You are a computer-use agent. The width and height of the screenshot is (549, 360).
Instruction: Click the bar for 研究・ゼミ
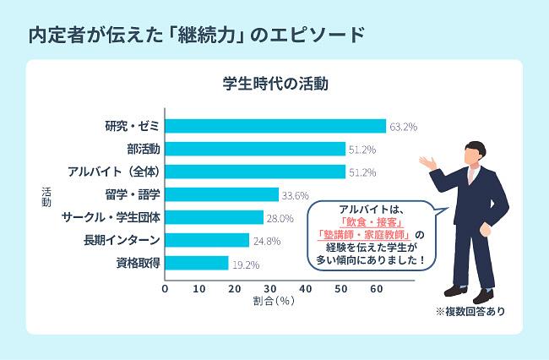[x=274, y=126]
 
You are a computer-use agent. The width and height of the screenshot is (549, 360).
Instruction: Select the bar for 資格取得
[x=196, y=263]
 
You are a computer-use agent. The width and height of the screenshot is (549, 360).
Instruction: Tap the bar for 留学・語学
[x=222, y=194]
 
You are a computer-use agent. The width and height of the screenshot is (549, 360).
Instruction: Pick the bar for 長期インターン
[x=206, y=240]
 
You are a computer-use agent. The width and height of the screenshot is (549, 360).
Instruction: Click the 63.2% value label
[x=404, y=127]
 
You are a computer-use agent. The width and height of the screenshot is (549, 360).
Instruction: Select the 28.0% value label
[x=280, y=218]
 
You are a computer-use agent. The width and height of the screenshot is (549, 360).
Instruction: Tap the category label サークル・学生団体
[x=111, y=217]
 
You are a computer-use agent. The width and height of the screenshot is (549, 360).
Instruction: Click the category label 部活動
[x=143, y=149]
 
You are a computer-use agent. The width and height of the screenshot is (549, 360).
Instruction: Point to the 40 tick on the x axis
[x=305, y=289]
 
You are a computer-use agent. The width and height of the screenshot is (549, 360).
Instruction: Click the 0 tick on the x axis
[x=165, y=289]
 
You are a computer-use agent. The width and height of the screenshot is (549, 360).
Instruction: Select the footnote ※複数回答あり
[x=470, y=311]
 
